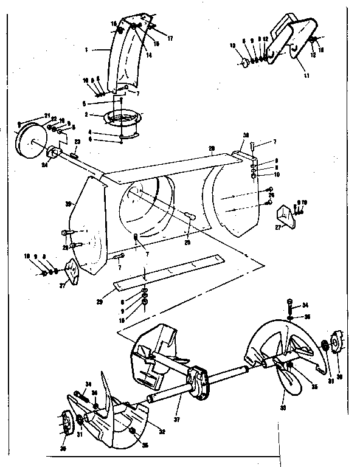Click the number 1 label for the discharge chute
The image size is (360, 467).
88,50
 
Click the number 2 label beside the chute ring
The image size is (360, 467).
87,114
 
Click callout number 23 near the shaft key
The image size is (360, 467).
78,141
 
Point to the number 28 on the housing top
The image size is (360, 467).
212,149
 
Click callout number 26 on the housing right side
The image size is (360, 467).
272,195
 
